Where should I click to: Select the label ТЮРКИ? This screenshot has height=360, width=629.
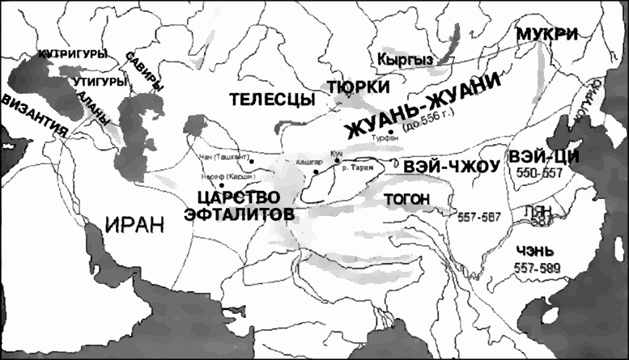point(358,87)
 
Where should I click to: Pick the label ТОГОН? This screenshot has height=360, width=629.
point(406,197)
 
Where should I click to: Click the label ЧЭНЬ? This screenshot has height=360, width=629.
point(535,251)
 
